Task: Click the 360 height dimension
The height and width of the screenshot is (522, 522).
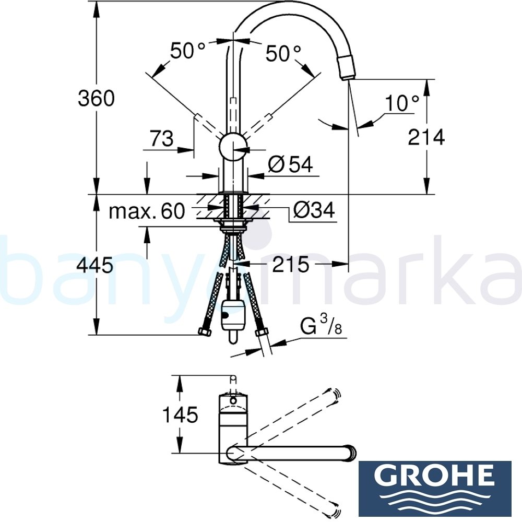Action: pos(96,98)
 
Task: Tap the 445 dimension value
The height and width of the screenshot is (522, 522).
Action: pos(94,266)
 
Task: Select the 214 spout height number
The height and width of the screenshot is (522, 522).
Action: pos(426,137)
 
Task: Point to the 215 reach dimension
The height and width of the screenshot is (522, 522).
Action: pos(290,265)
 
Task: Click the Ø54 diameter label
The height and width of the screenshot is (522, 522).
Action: pos(290,165)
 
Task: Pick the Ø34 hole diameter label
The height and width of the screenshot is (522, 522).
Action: pos(313,211)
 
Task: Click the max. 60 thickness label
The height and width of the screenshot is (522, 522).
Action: pos(147,212)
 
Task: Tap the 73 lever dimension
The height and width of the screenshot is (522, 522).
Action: pos(161,139)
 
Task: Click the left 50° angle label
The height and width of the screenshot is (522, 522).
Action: pos(188,51)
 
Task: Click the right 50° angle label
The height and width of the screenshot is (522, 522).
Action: pos(283,53)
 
